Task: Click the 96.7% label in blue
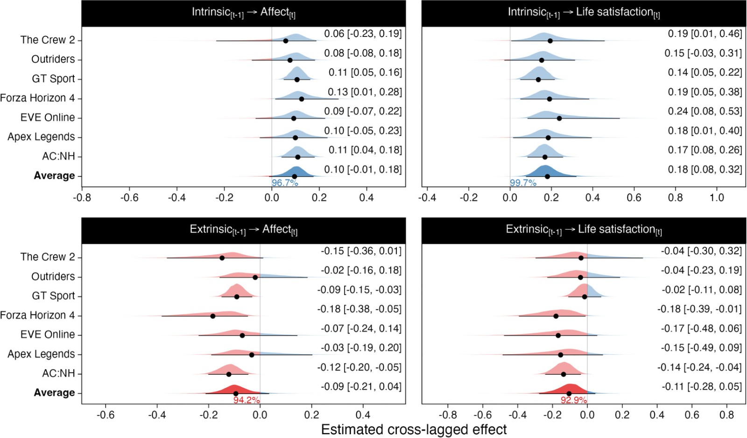coord(285,183)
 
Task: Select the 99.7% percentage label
coord(523,183)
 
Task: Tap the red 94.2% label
coord(247,400)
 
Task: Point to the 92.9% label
coord(574,400)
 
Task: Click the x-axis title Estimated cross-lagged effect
coord(414,430)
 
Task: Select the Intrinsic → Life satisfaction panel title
coord(584,13)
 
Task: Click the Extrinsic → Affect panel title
coord(243,230)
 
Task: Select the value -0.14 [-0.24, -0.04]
coord(699,367)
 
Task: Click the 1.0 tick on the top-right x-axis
coord(717,198)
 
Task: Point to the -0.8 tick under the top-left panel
coord(82,198)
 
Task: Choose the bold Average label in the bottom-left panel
coord(54,393)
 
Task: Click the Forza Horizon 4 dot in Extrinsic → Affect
coord(213,316)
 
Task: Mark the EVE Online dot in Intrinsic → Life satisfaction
coord(559,118)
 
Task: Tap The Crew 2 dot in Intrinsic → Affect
coord(286,41)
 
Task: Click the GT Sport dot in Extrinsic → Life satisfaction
coord(585,297)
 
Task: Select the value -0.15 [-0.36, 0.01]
coord(361,251)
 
